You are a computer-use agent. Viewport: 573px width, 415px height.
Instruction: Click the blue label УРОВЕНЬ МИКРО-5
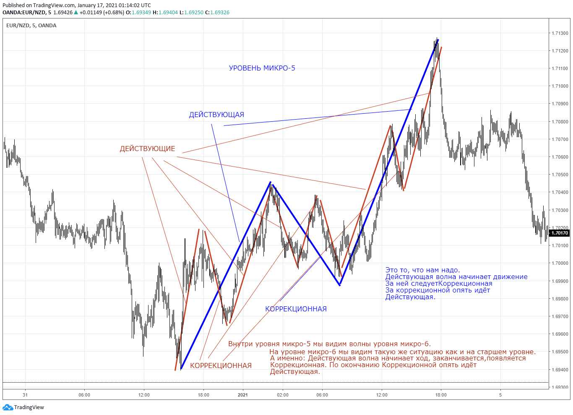coord(262,68)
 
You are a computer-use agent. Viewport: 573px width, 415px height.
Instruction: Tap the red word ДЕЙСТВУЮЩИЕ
coord(147,149)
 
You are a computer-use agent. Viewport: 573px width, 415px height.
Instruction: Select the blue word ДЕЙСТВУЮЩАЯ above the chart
coord(216,115)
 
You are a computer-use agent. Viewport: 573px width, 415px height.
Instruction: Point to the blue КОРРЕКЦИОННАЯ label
coord(296,309)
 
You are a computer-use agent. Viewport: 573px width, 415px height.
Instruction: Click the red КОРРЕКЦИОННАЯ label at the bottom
coord(221,365)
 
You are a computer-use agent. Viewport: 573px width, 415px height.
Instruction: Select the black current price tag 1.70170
coord(560,233)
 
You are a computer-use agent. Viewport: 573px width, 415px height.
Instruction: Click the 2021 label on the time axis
coord(243,395)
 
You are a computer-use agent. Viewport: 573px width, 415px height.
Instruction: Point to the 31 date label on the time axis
coord(25,395)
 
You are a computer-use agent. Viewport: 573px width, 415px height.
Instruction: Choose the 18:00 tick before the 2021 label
coord(203,395)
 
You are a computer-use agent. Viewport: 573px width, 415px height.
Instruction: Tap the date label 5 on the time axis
coord(500,395)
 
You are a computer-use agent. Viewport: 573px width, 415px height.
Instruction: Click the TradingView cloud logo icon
coord(8,407)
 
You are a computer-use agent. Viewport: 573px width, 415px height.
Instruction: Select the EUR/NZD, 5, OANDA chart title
coord(31,26)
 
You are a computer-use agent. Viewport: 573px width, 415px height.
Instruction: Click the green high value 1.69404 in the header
coord(168,13)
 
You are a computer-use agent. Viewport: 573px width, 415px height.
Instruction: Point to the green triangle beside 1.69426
coord(76,12)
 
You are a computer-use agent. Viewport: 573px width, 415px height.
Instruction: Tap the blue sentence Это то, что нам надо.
coord(422,270)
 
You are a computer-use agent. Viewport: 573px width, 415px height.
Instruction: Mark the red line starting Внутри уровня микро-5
coord(329,344)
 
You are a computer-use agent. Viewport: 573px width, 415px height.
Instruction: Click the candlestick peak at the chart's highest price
coord(437,38)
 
